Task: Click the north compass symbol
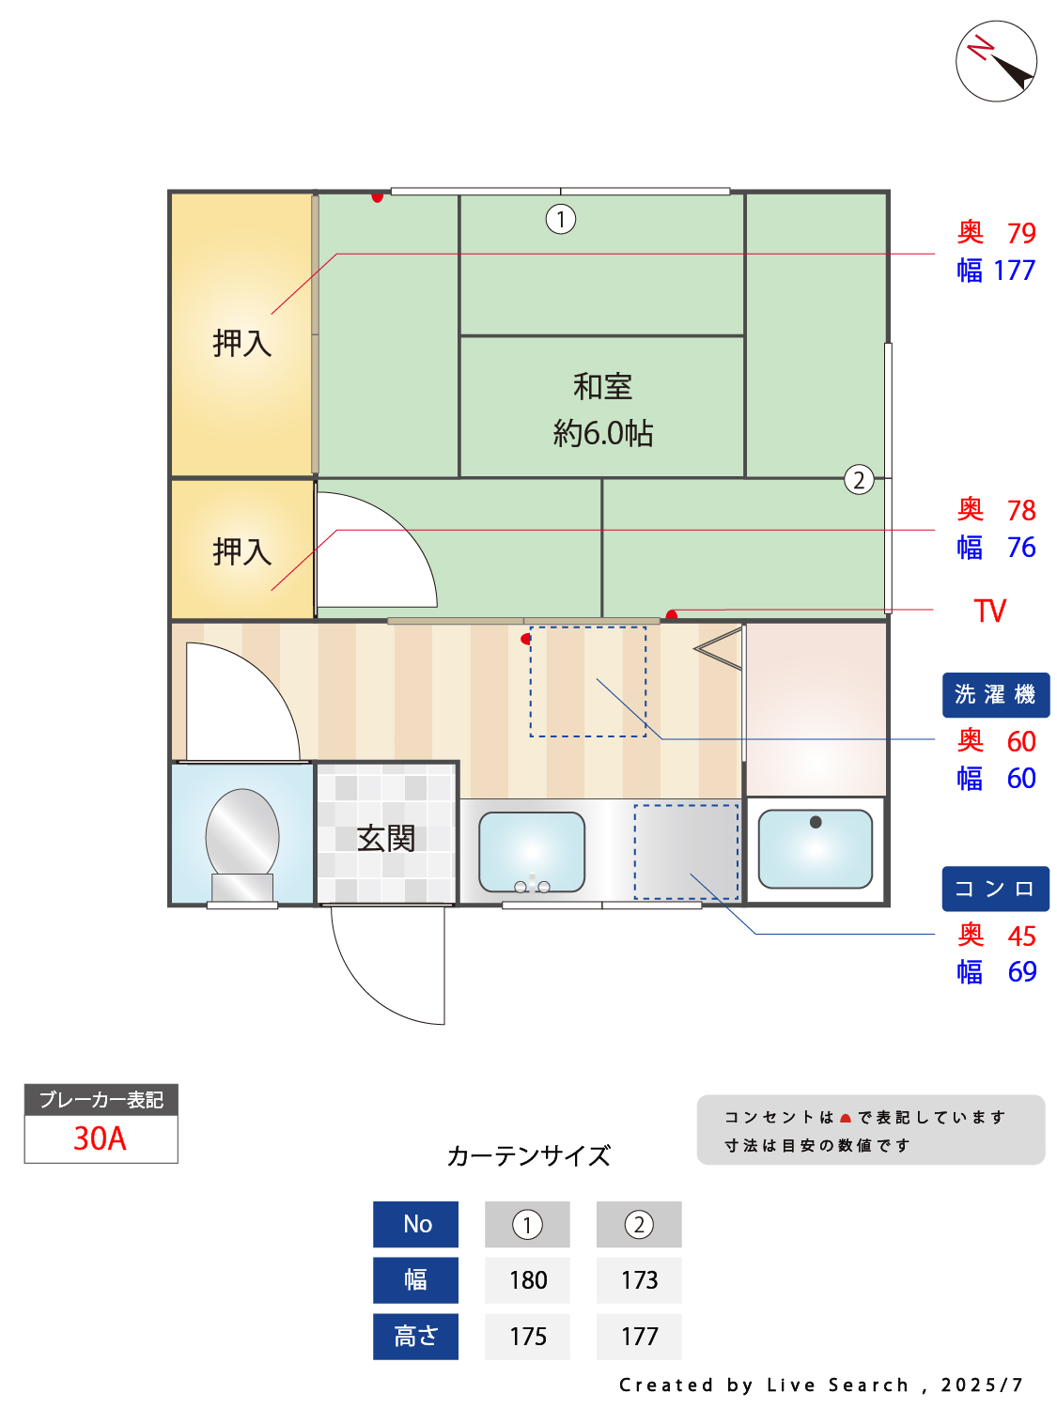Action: pyautogui.click(x=996, y=61)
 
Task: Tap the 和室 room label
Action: pyautogui.click(x=602, y=386)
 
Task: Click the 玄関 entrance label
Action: pyautogui.click(x=385, y=838)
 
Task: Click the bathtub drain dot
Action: pyautogui.click(x=816, y=822)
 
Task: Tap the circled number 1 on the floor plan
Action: pyautogui.click(x=561, y=219)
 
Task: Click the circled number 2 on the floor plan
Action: pyautogui.click(x=859, y=480)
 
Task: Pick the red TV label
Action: pyautogui.click(x=990, y=612)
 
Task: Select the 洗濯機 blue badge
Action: pyautogui.click(x=995, y=695)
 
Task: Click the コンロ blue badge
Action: pyautogui.click(x=995, y=889)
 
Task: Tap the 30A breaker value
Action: pyautogui.click(x=101, y=1138)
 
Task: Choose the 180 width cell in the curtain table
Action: pyautogui.click(x=528, y=1280)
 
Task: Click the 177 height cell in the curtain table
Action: pyautogui.click(x=639, y=1336)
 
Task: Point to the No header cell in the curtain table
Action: pyautogui.click(x=416, y=1224)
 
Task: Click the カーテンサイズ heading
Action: pyautogui.click(x=529, y=1155)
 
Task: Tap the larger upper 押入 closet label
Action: pyautogui.click(x=241, y=343)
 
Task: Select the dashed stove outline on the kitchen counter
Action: pyautogui.click(x=686, y=852)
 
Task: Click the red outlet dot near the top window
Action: pyautogui.click(x=377, y=197)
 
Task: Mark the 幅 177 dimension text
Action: pyautogui.click(x=996, y=271)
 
